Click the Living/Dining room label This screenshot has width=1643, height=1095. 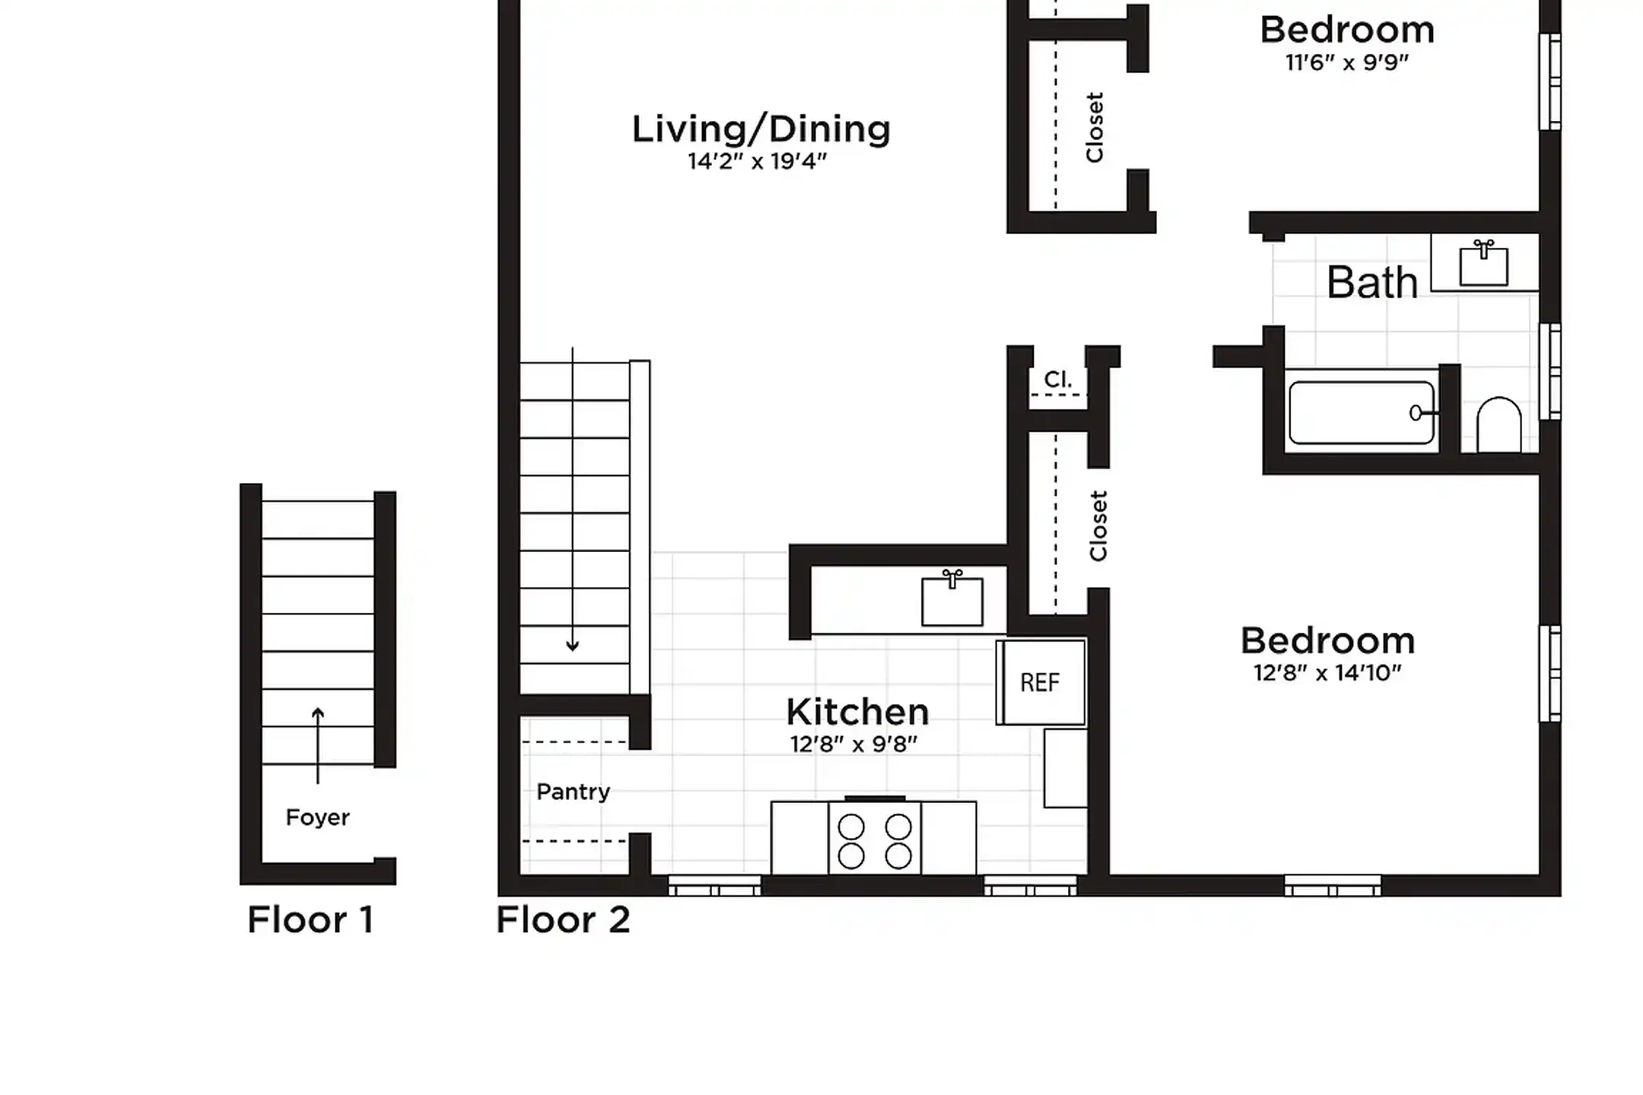[761, 129]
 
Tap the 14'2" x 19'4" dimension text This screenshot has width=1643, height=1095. [757, 162]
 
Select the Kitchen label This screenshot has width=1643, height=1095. [857, 713]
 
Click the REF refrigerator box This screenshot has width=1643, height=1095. [1040, 682]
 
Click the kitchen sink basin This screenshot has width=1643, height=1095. [952, 601]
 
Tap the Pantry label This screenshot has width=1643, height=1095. [573, 792]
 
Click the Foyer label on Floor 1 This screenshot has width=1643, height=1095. [317, 817]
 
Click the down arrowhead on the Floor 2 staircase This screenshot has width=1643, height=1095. [573, 646]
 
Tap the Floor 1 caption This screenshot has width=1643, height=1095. [310, 920]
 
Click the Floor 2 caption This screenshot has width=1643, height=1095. [563, 920]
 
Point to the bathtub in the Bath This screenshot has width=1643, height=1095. [1361, 413]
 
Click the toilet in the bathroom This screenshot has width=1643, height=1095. [1498, 426]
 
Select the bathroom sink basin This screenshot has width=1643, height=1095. [1483, 266]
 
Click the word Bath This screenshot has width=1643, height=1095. [1372, 284]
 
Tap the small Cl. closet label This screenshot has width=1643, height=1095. [1058, 379]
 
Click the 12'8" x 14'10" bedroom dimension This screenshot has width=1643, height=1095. [1327, 673]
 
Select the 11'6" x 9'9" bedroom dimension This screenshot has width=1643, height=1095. [1347, 62]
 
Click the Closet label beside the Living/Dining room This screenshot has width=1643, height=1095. [1095, 128]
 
